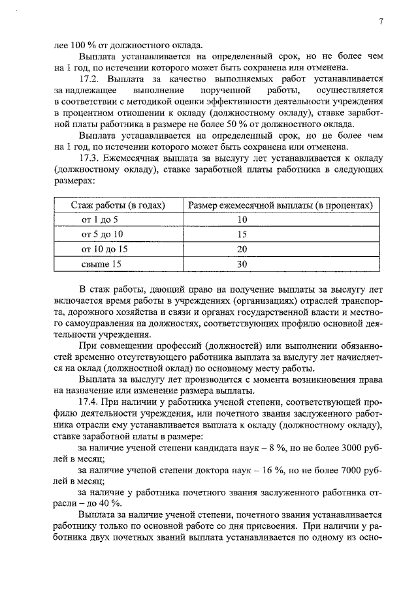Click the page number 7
[380, 22]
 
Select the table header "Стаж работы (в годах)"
[118, 205]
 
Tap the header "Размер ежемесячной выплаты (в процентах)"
[280, 205]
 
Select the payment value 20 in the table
[242, 250]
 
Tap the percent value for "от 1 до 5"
[242, 220]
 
